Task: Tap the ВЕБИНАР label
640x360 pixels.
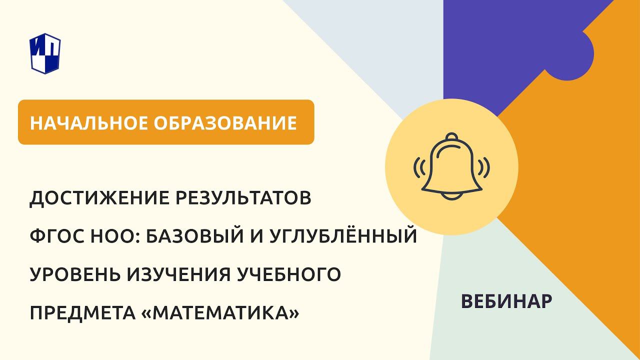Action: point(506,301)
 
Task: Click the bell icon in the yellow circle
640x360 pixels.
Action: point(451,167)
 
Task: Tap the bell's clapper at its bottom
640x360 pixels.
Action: point(451,196)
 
